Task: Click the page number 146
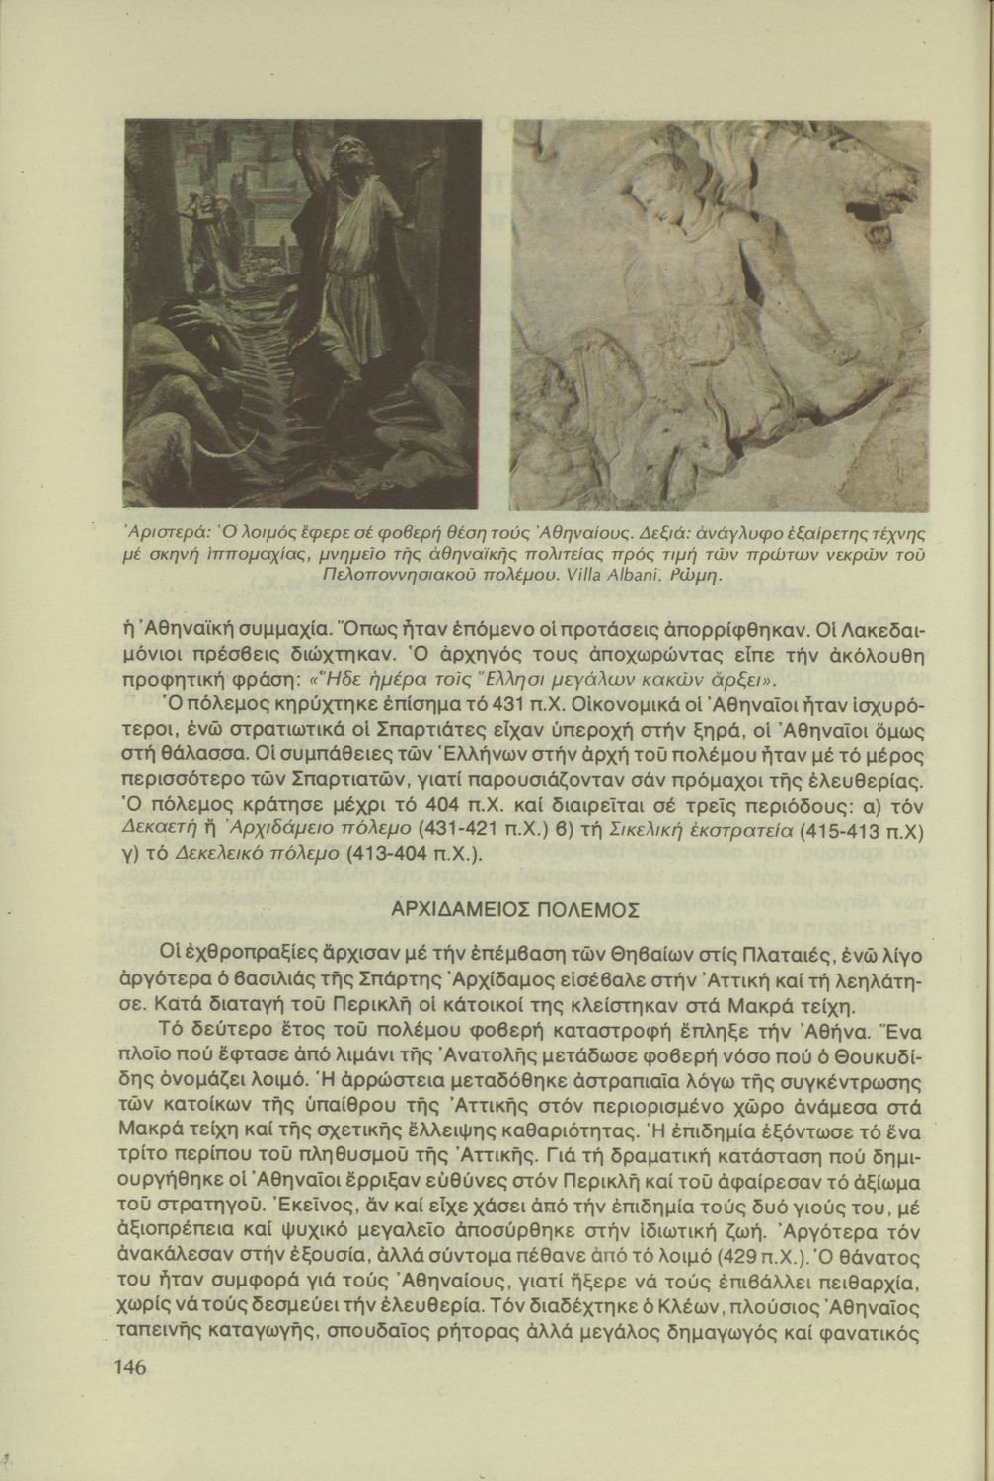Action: (x=130, y=1367)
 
